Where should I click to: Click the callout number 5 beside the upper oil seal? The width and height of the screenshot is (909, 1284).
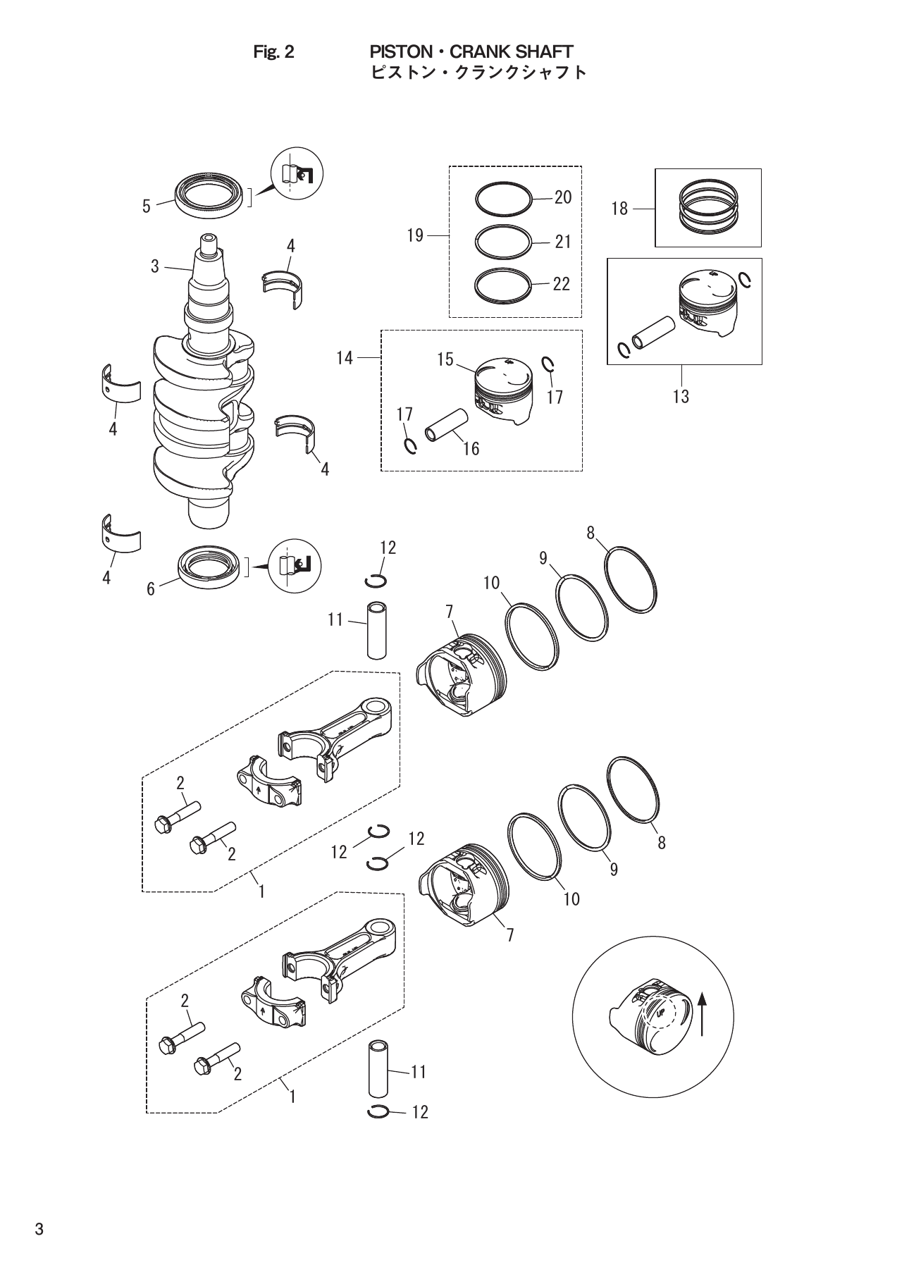tap(147, 206)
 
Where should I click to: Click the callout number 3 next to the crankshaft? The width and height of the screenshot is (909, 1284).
tap(155, 267)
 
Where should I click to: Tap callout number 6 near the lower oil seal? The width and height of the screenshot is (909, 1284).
tap(151, 589)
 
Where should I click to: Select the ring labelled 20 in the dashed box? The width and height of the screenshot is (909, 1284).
tap(502, 199)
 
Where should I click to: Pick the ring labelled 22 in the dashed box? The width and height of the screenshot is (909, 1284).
tap(502, 285)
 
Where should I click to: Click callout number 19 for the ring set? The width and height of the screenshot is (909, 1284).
tap(415, 235)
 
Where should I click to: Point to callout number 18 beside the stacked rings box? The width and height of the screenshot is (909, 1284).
tap(619, 209)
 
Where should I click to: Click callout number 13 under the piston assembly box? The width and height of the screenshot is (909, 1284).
tap(681, 397)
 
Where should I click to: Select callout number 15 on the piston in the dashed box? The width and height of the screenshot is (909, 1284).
tap(445, 359)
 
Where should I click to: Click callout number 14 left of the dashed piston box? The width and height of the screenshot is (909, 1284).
tap(344, 358)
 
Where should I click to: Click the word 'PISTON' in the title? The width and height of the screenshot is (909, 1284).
tap(397, 52)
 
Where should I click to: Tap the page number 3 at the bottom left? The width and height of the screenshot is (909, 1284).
tap(39, 1230)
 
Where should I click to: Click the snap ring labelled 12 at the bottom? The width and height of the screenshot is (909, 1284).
tap(379, 1112)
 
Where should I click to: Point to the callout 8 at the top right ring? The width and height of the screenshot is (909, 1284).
tap(591, 533)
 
